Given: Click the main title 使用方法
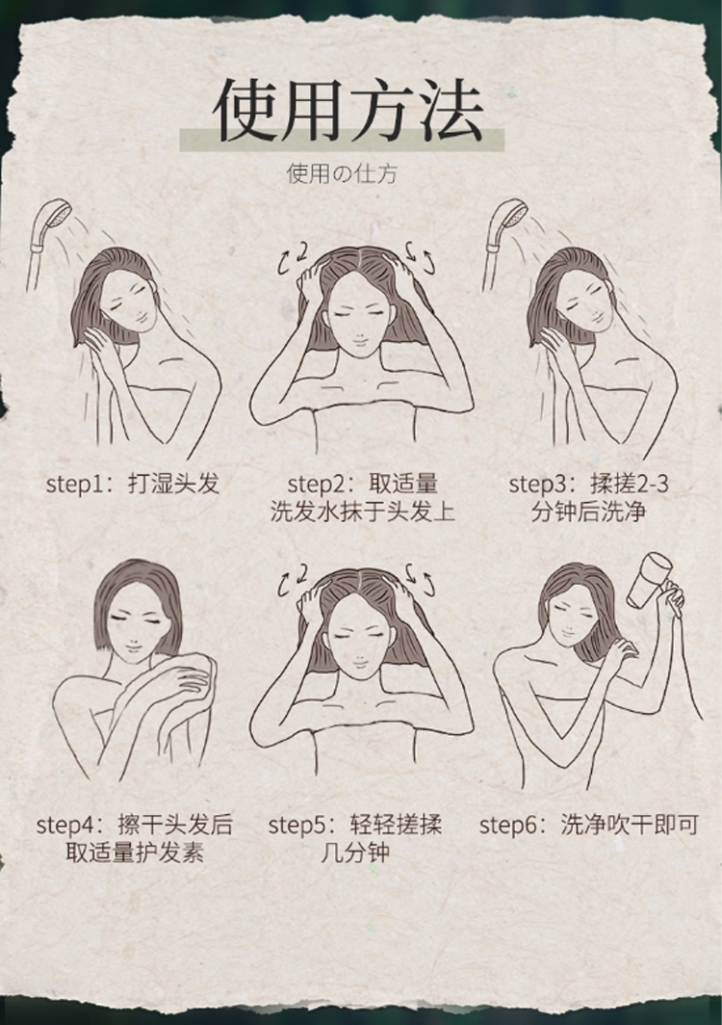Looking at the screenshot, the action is [348, 111].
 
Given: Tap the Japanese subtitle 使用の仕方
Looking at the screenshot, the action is [342, 173].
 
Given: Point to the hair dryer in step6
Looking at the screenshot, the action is [650, 580].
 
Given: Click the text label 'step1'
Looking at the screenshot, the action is [74, 485].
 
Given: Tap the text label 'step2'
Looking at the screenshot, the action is [316, 485].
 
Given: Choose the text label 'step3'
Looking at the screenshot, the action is [537, 485].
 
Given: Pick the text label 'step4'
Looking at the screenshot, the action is [65, 825].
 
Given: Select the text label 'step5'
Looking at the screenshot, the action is [297, 825].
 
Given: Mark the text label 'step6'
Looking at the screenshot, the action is [508, 825].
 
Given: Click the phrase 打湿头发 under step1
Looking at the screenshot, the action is [174, 484].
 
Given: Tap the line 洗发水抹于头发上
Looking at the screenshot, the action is [363, 512].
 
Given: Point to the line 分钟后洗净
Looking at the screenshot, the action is [588, 512].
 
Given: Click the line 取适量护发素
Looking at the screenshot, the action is [135, 853].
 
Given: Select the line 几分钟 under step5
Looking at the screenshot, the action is [355, 853].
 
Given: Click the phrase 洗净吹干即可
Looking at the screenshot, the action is [630, 825].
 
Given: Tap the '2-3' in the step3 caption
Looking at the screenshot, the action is [652, 485].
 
